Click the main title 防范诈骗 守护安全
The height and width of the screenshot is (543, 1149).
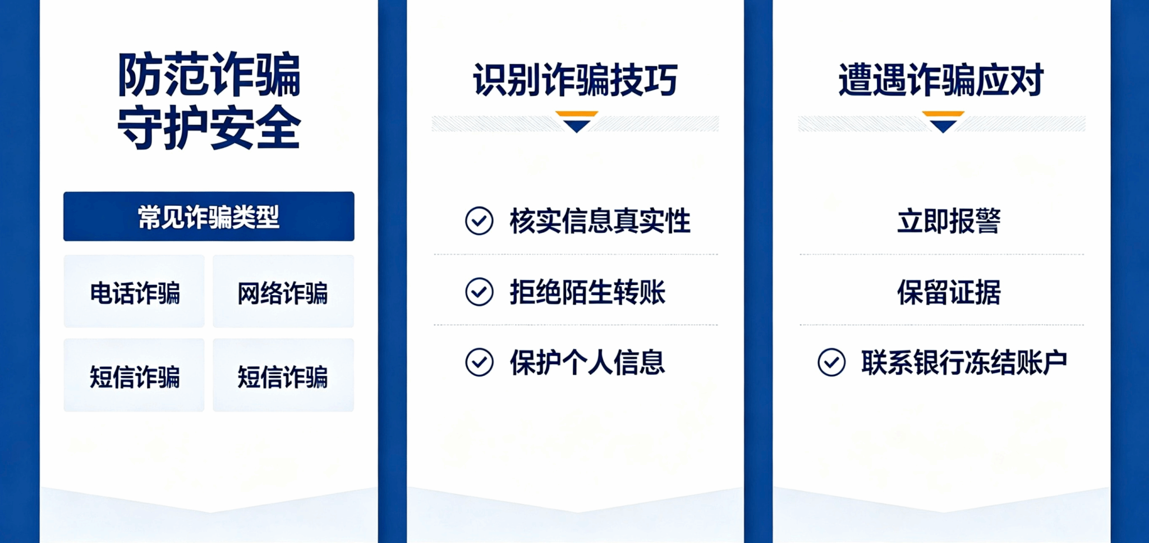[x=209, y=101]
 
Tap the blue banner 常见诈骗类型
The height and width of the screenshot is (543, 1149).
[x=209, y=217]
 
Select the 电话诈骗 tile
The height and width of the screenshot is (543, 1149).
[x=134, y=292]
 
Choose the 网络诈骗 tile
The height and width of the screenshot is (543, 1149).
[x=283, y=292]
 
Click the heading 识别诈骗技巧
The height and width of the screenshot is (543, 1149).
[x=576, y=80]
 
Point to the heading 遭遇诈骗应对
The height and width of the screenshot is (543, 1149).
[x=941, y=80]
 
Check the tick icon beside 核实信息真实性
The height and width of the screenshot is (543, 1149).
[x=479, y=220]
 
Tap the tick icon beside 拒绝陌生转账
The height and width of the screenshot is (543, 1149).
[x=479, y=292]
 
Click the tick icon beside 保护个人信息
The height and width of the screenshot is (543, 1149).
[x=479, y=362]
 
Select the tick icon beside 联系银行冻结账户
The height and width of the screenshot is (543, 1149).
[x=831, y=362]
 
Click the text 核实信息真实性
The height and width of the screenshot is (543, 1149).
[x=600, y=221]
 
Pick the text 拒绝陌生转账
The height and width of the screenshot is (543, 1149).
[x=587, y=292]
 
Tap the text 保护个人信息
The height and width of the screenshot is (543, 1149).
[x=587, y=363]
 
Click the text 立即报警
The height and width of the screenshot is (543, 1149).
[x=949, y=221]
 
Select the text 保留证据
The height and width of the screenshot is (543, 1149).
[x=949, y=292]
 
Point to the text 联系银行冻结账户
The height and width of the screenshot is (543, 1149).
[x=964, y=363]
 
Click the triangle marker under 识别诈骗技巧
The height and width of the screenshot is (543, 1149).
[x=577, y=122]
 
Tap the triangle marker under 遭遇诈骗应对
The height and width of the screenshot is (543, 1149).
[x=943, y=122]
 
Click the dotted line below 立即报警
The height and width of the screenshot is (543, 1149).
[x=942, y=255]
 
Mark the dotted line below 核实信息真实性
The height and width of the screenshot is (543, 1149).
[x=576, y=255]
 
